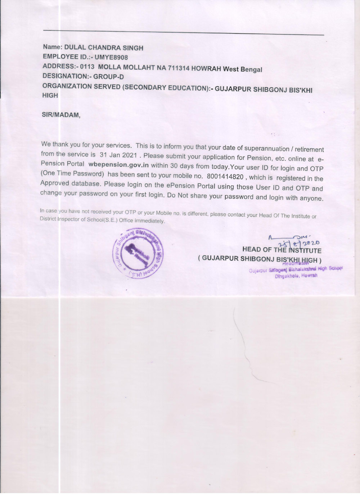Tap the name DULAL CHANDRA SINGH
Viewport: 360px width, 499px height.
pos(104,48)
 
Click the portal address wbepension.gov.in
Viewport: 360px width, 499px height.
pos(118,165)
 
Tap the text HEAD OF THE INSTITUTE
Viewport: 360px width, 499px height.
pos(282,250)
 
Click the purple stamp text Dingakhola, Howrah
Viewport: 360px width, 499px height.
pos(296,276)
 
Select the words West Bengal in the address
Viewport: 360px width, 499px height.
pos(242,69)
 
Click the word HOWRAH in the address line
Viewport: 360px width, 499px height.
pos(206,69)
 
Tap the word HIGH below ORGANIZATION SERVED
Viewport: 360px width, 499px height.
pos(50,95)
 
